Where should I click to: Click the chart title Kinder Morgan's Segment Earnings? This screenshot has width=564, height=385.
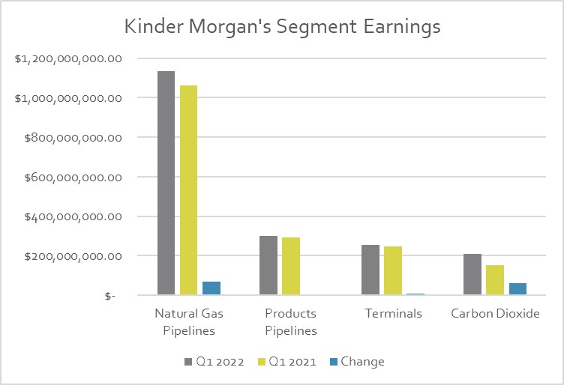(x=282, y=27)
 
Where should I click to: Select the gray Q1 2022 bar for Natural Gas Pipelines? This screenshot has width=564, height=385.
(x=166, y=184)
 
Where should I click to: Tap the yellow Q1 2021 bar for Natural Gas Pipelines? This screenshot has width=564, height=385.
(x=188, y=190)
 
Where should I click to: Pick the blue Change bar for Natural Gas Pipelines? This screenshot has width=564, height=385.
(x=211, y=288)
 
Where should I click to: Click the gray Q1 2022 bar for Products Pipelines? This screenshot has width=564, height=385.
(x=268, y=266)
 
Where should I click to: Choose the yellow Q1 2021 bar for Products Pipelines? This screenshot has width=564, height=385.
(x=291, y=267)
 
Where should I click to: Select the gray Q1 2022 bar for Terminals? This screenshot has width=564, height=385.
(x=370, y=270)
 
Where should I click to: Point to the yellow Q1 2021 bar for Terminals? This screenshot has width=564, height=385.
(x=393, y=271)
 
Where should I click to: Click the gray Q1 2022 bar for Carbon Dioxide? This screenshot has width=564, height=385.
(x=472, y=275)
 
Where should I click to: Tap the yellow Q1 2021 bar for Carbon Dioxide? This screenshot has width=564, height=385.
(x=495, y=280)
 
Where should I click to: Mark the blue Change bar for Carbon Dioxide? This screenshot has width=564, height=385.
(x=517, y=289)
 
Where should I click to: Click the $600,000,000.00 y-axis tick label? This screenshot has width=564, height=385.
(x=73, y=178)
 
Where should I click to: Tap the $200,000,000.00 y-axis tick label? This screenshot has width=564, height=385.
(x=73, y=256)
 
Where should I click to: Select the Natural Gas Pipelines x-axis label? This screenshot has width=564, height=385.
(x=189, y=321)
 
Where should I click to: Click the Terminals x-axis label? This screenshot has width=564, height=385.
(x=393, y=314)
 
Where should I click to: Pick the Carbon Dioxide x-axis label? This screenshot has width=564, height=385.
(x=495, y=314)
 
